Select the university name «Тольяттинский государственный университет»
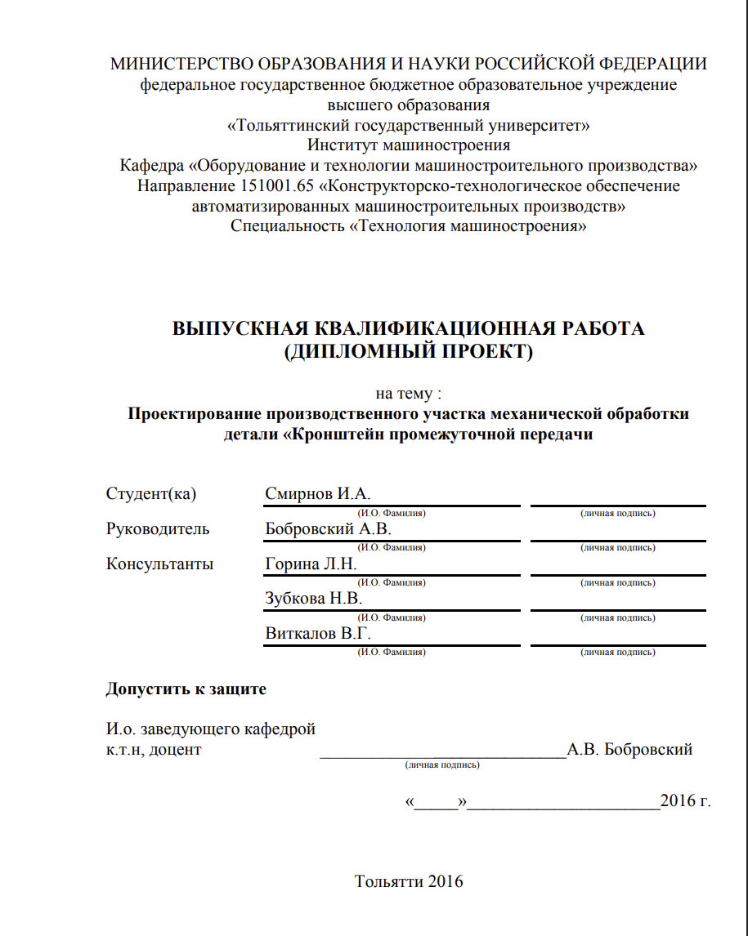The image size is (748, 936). (408, 125)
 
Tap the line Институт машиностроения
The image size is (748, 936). (408, 145)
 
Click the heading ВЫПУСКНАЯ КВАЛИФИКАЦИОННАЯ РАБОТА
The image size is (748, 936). (408, 328)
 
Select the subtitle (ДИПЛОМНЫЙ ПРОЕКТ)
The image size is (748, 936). (408, 352)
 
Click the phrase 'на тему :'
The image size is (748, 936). (408, 393)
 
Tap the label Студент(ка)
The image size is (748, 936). (151, 493)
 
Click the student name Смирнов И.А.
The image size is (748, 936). (318, 493)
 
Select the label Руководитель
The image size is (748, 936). (158, 528)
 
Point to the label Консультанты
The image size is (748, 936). (159, 564)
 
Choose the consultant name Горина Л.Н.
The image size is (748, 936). (311, 564)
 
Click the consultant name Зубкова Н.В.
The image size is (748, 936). (313, 598)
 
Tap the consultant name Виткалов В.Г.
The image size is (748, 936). (319, 633)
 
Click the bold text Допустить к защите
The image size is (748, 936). (186, 689)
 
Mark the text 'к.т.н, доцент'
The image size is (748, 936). (153, 749)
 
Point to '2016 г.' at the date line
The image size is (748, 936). (685, 800)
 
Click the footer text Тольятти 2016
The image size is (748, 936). (408, 881)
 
